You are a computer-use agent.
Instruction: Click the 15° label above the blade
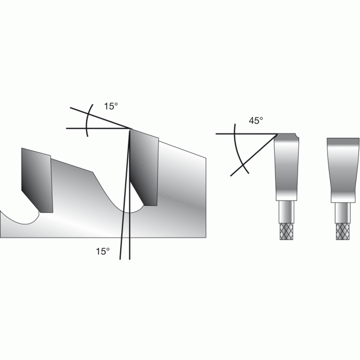point(111,106)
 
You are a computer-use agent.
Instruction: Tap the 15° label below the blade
point(102,251)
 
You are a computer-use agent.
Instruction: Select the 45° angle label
point(256,121)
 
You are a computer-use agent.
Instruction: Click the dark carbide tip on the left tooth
point(37,180)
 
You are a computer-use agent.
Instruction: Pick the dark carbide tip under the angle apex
point(144,168)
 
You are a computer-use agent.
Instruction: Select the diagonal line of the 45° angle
point(254,155)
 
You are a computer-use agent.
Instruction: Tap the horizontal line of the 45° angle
point(247,133)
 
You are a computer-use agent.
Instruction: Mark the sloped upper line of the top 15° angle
point(101,118)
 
